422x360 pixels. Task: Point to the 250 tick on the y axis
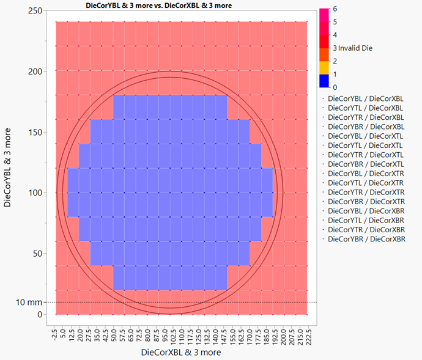(x=36, y=11)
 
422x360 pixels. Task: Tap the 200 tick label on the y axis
(x=36, y=72)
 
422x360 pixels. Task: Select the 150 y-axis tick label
(x=36, y=132)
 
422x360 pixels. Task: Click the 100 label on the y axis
(x=36, y=193)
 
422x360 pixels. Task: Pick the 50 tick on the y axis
(x=39, y=254)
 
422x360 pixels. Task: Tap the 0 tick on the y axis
(x=41, y=314)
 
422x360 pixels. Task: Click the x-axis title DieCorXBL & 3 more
(x=180, y=352)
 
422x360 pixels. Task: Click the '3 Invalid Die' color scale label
(x=352, y=48)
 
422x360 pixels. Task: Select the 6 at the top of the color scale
(x=335, y=10)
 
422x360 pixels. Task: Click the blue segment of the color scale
(x=324, y=81)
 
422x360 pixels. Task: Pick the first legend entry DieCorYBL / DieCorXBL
(x=365, y=98)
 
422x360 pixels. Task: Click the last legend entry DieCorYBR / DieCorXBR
(x=365, y=239)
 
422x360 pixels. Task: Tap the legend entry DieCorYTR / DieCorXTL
(x=365, y=155)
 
